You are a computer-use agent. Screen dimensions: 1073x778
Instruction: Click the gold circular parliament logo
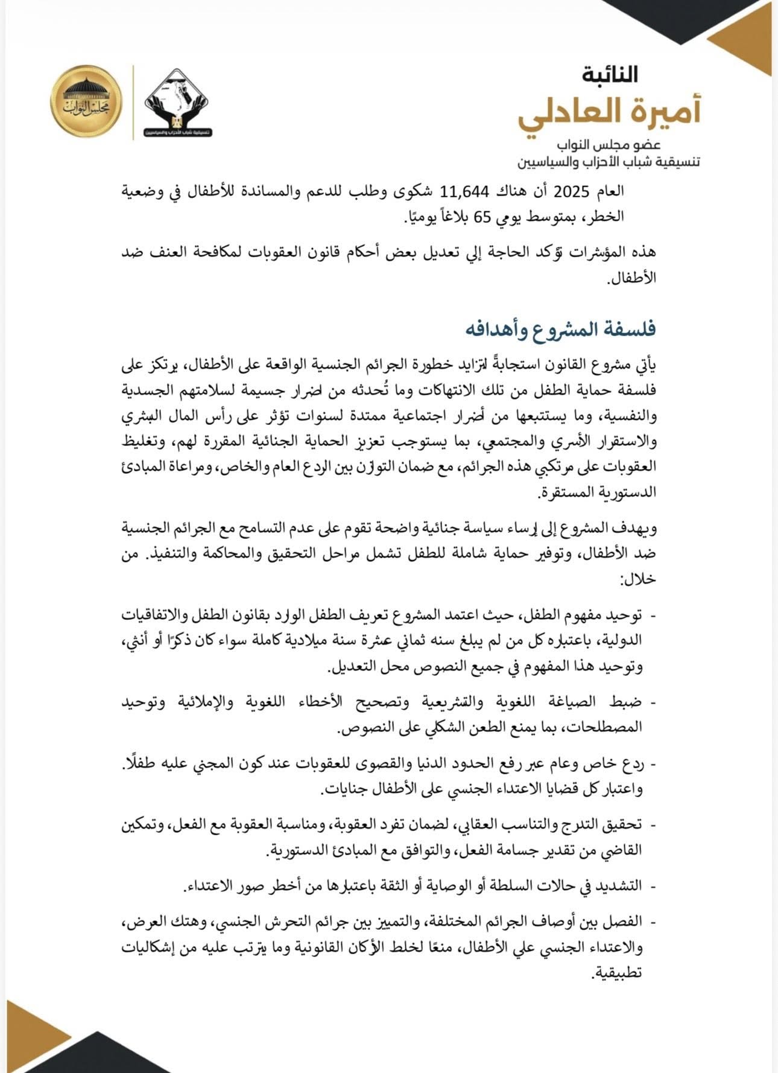point(86,101)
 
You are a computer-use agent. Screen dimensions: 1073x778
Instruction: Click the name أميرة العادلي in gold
point(609,113)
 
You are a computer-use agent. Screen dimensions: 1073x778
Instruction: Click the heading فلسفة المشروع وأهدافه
point(560,330)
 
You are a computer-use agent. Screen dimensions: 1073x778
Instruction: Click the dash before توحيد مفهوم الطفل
point(653,615)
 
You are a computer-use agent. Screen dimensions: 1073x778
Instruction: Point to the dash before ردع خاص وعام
point(653,764)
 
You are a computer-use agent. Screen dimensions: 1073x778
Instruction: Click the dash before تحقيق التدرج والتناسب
point(653,825)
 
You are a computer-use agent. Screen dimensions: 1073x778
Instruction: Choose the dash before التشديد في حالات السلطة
point(653,887)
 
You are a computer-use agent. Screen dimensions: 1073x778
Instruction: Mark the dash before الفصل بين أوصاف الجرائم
point(653,922)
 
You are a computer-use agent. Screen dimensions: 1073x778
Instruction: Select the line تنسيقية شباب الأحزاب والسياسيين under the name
point(608,162)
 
